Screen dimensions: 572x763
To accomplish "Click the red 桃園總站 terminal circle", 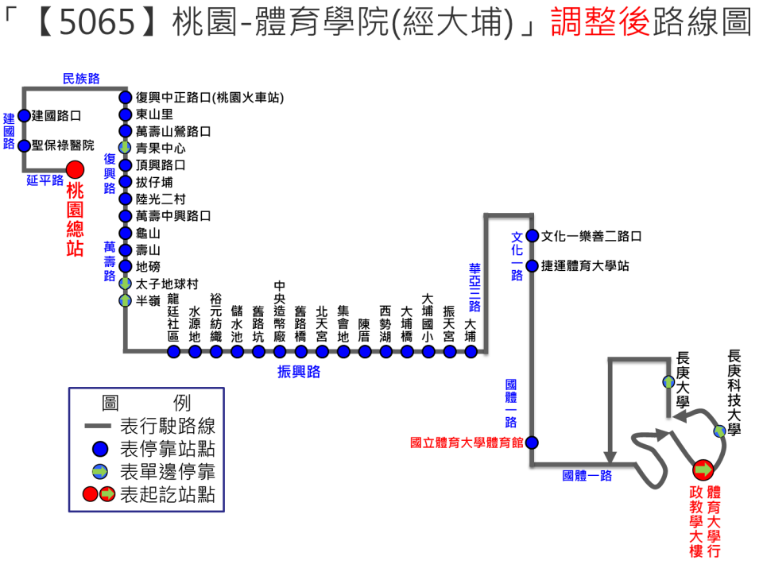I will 75,169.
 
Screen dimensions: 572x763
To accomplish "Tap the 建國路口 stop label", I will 56,115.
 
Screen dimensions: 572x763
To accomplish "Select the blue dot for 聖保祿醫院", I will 24,146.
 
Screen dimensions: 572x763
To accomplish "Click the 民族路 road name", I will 81,78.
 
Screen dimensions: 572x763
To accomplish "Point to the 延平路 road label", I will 45,180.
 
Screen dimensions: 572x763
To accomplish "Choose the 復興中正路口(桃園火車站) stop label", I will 210,98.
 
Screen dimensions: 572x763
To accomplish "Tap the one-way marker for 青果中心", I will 125,148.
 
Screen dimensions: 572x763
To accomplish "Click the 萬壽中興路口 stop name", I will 173,216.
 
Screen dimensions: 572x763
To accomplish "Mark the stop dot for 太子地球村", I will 125,284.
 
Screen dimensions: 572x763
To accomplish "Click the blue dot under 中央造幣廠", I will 280,351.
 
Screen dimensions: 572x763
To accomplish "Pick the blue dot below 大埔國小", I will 428,351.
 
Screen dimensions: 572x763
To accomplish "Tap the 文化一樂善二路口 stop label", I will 591,237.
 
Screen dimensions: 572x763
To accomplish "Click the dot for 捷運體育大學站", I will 532,266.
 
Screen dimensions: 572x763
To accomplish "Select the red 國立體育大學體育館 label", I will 467,443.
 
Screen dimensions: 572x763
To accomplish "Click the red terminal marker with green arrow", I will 703,470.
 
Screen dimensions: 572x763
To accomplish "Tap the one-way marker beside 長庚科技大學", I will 719,431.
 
